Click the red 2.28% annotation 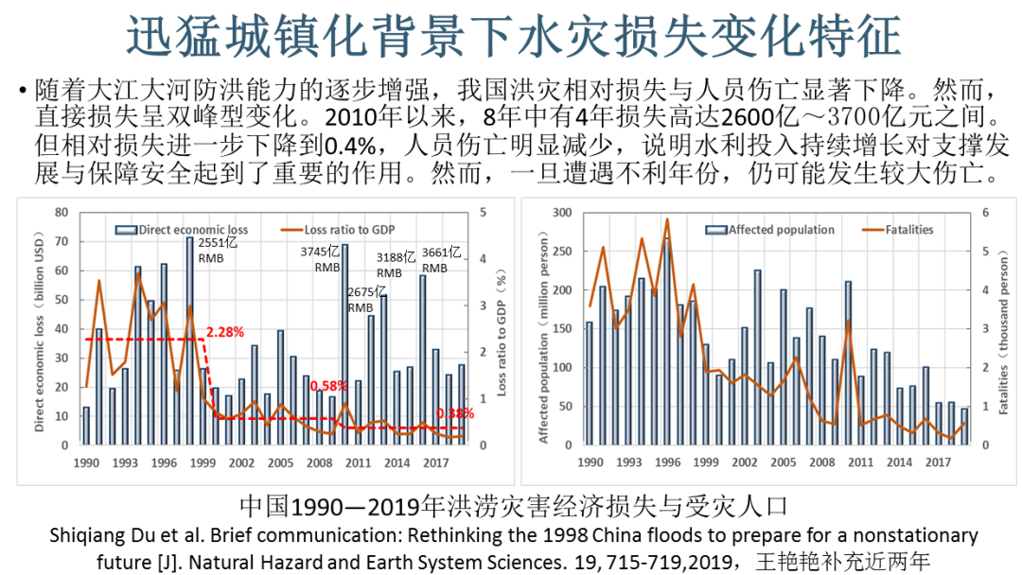pyautogui.click(x=225, y=332)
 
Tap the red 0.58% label pyautogui.click(x=329, y=386)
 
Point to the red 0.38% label pyautogui.click(x=456, y=413)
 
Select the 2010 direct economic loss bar pyautogui.click(x=344, y=344)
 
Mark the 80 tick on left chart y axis pyautogui.click(x=62, y=213)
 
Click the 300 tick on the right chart pyautogui.click(x=562, y=213)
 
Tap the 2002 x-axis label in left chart pyautogui.click(x=241, y=463)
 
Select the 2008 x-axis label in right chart pyautogui.click(x=822, y=463)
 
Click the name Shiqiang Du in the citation pyautogui.click(x=96, y=536)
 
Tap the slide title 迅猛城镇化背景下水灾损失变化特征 pyautogui.click(x=511, y=35)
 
